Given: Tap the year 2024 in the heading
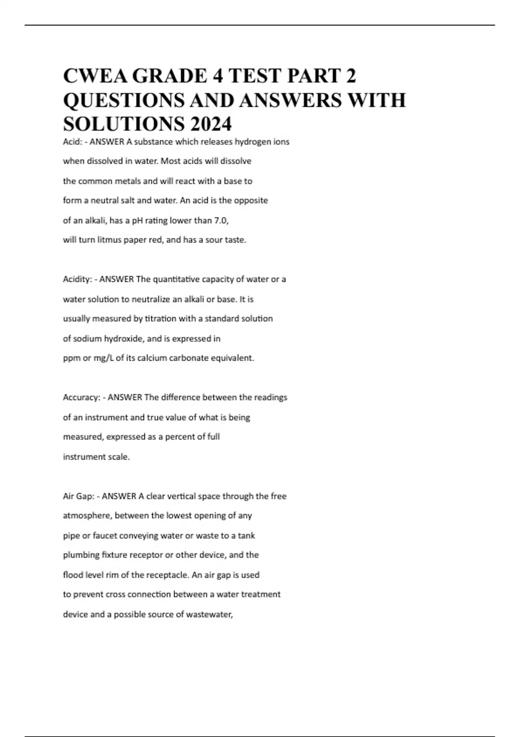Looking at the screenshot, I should point(210,124).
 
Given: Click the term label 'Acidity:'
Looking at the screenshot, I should point(77,280).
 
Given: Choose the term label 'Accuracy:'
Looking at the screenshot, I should point(81,398).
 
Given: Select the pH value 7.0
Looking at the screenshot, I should point(221,220).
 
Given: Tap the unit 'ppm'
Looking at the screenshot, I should point(72,358).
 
